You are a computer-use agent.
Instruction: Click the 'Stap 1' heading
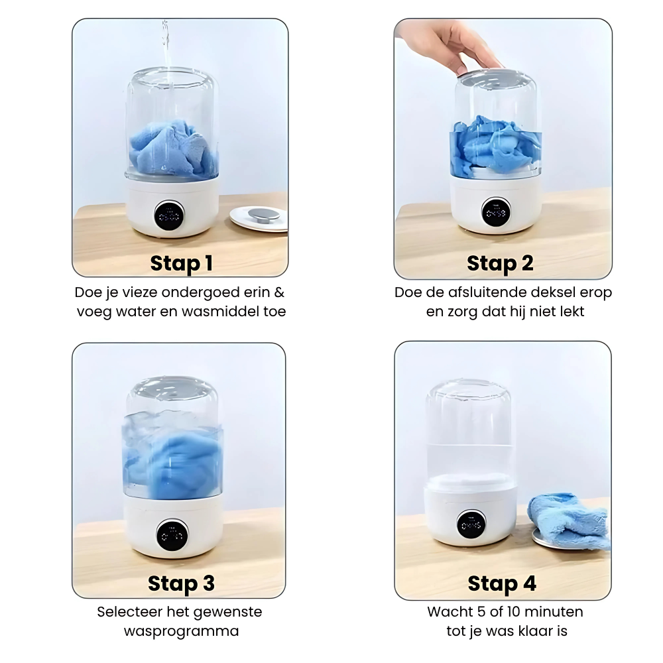(x=181, y=263)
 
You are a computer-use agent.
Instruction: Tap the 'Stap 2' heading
(x=500, y=263)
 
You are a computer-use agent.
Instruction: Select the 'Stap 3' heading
(x=181, y=583)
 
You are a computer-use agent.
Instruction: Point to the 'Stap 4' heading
(x=502, y=584)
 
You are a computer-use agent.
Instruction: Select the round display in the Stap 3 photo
(x=172, y=534)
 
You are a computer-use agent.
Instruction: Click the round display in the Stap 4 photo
(x=471, y=524)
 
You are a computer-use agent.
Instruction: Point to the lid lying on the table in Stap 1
(x=259, y=217)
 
